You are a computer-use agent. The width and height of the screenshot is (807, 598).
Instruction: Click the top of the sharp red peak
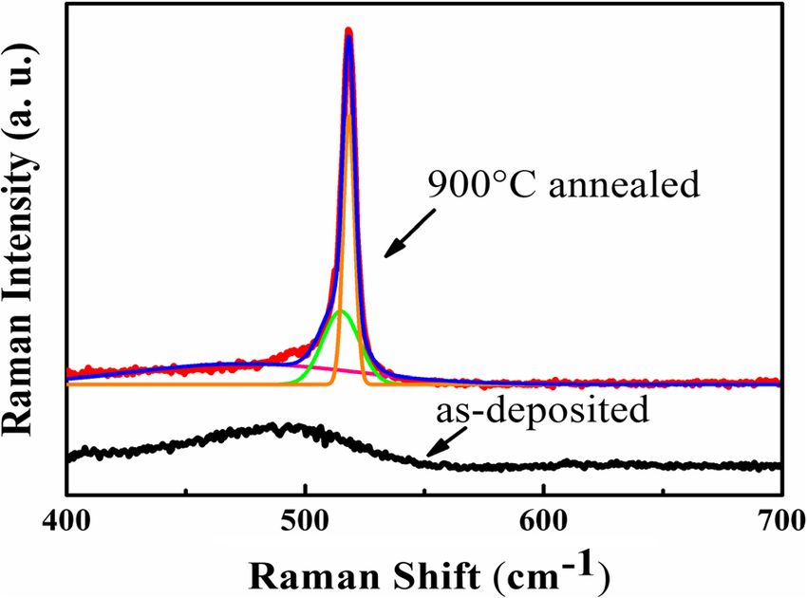[348, 30]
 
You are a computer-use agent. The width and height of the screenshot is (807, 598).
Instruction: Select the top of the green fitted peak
[341, 311]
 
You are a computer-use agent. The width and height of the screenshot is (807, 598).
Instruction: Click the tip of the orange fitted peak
[349, 115]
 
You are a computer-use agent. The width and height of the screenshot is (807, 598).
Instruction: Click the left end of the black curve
[69, 457]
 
